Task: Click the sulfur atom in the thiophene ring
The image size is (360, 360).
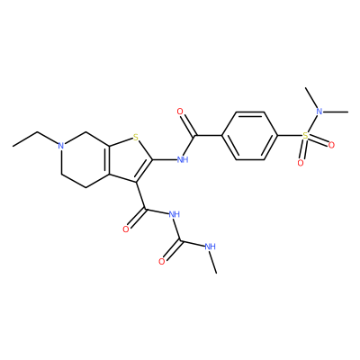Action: pyautogui.click(x=136, y=138)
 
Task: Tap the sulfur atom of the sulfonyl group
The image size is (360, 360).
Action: pyautogui.click(x=305, y=136)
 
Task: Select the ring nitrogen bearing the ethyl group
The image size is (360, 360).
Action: pyautogui.click(x=61, y=146)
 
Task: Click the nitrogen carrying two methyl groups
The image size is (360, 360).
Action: pyautogui.click(x=319, y=112)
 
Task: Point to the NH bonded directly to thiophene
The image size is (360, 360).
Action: pyautogui.click(x=183, y=159)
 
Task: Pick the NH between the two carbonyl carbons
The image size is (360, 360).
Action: pyautogui.click(x=174, y=214)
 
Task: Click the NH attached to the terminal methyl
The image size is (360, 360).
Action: pyautogui.click(x=210, y=247)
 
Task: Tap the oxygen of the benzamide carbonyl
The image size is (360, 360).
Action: pyautogui.click(x=180, y=112)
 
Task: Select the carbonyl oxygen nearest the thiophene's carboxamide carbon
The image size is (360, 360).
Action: pyautogui.click(x=126, y=229)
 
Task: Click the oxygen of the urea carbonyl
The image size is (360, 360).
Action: pyautogui.click(x=162, y=262)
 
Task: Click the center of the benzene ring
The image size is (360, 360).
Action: pyautogui.click(x=250, y=136)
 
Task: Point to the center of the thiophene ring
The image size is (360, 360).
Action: pyautogui.click(x=129, y=160)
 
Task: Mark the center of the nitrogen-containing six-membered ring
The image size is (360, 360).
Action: pyautogui.click(x=85, y=160)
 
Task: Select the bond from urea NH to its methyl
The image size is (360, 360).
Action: pyautogui.click(x=213, y=262)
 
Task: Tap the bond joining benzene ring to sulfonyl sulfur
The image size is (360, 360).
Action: pyautogui.click(x=290, y=136)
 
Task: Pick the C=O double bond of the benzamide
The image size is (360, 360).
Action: pyautogui.click(x=187, y=125)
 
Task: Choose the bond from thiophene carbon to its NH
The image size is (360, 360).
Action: pyautogui.click(x=165, y=159)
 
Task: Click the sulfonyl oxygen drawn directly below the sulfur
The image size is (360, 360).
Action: pyautogui.click(x=301, y=163)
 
